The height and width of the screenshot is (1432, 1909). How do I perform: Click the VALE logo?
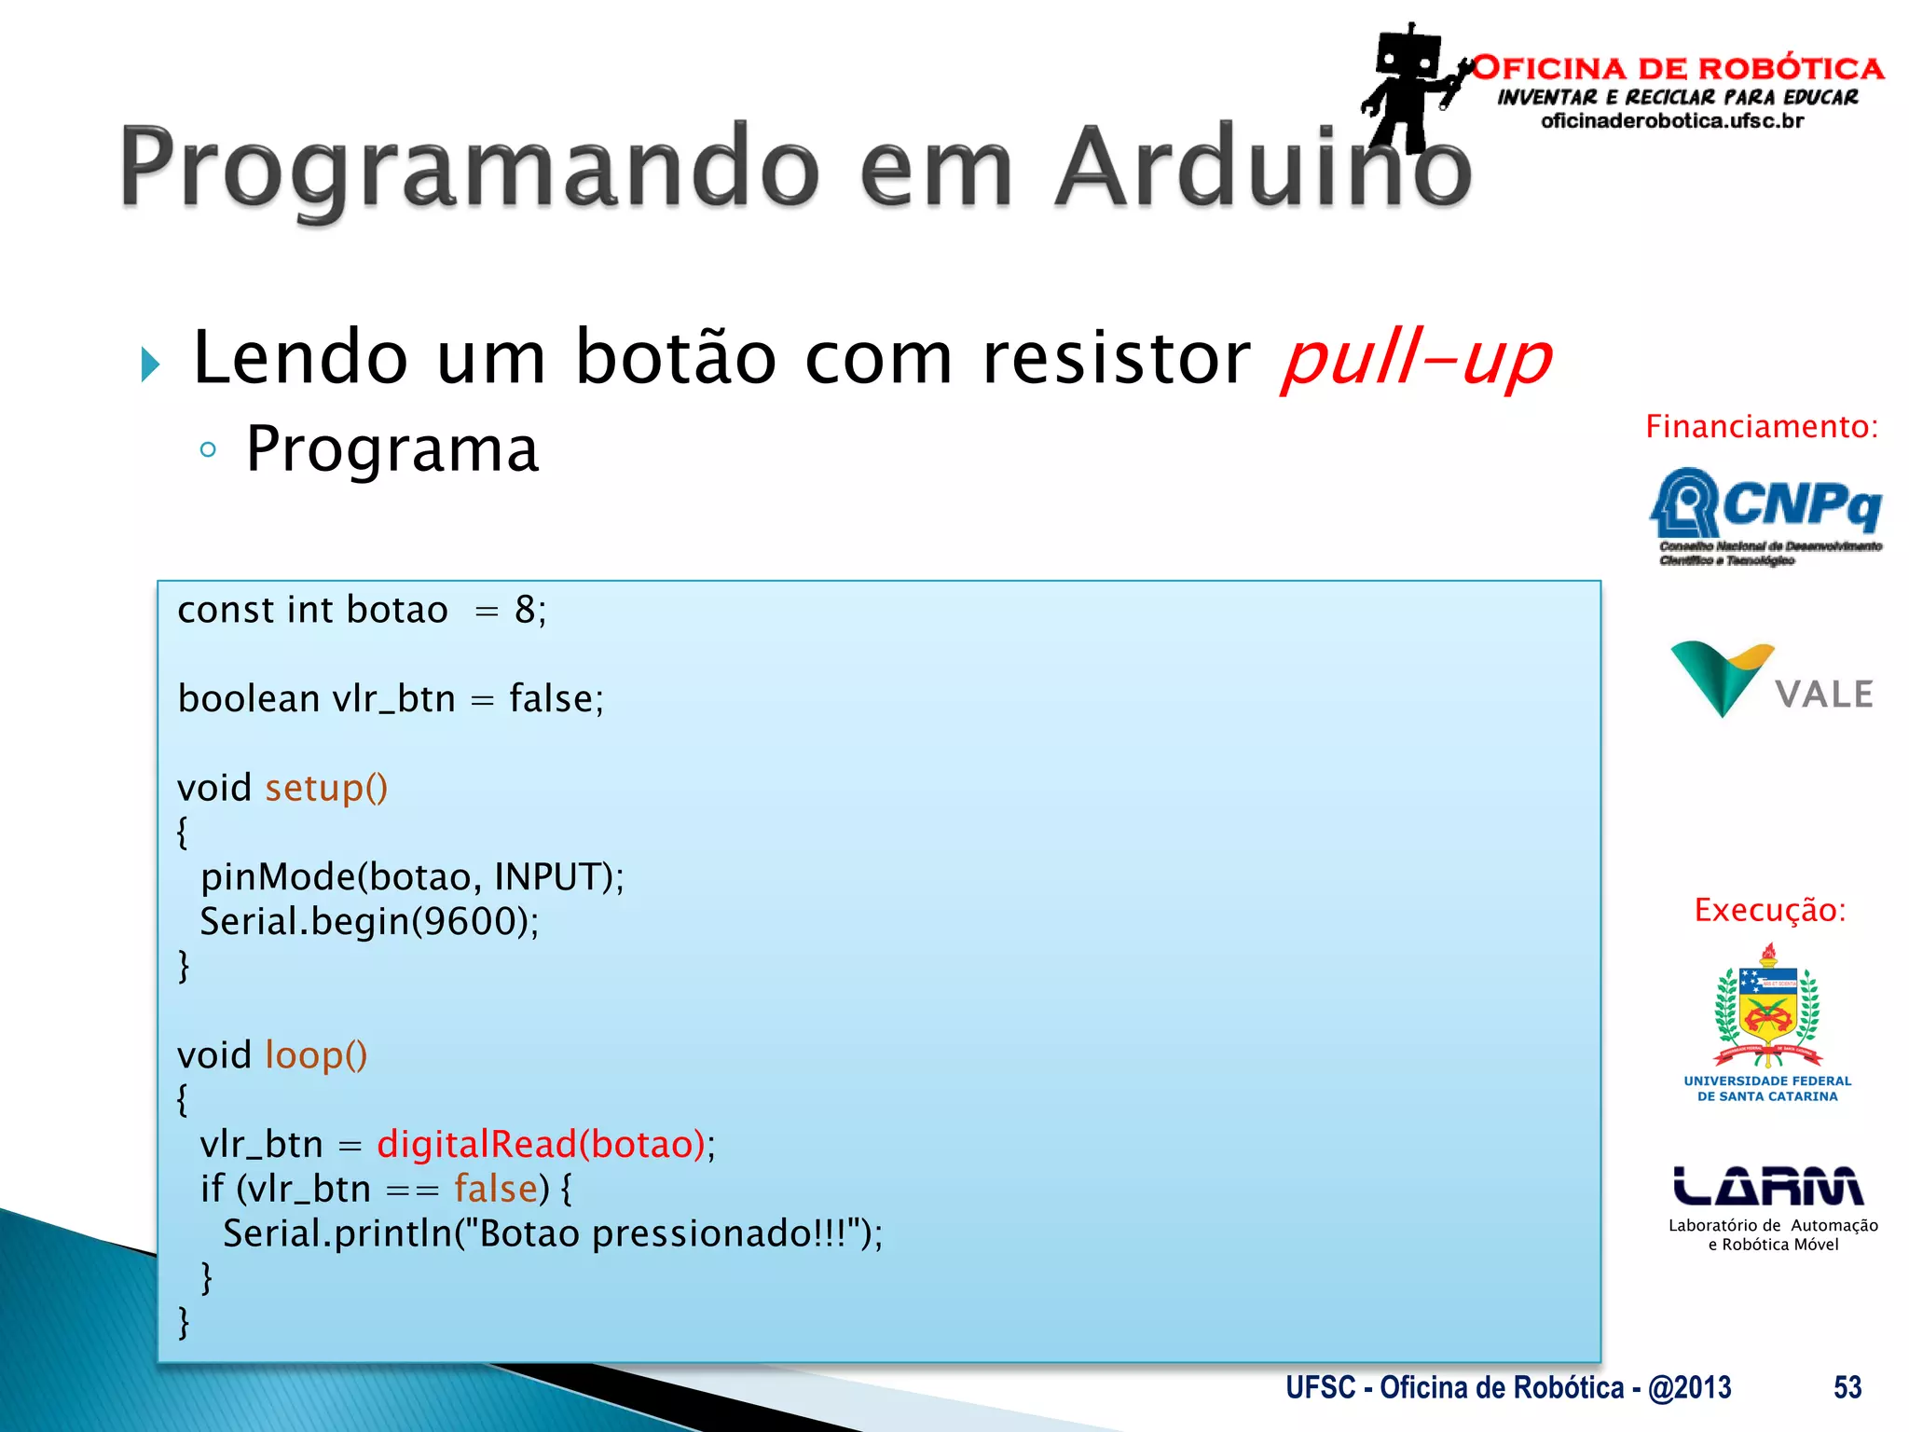(1771, 681)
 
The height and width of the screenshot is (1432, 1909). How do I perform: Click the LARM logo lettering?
(1767, 1186)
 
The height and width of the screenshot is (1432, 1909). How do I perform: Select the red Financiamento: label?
(1762, 427)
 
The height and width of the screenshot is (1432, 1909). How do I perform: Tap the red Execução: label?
(1769, 910)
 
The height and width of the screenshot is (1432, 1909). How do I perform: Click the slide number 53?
(1847, 1387)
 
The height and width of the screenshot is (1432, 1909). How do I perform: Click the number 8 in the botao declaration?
(525, 611)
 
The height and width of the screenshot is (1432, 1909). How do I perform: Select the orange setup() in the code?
(326, 789)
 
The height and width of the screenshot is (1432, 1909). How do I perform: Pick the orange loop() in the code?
(316, 1055)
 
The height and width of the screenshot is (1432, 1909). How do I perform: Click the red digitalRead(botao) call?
(541, 1144)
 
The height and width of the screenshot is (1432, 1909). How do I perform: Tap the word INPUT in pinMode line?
(545, 877)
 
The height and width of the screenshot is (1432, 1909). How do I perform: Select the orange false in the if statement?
(496, 1189)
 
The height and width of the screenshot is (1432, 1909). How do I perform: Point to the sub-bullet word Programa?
(391, 449)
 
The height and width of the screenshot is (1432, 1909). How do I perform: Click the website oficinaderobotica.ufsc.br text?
(1672, 121)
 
